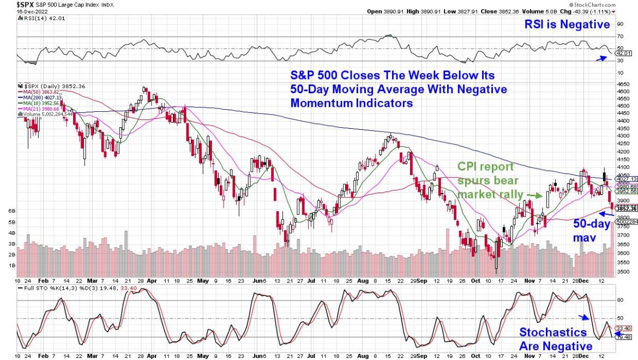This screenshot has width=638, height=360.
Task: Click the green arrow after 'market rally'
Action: (x=537, y=195)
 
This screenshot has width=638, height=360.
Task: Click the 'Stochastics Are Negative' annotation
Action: (x=555, y=339)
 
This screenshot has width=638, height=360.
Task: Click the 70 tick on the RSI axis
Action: (x=621, y=37)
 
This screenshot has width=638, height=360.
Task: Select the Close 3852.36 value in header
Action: (x=515, y=11)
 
